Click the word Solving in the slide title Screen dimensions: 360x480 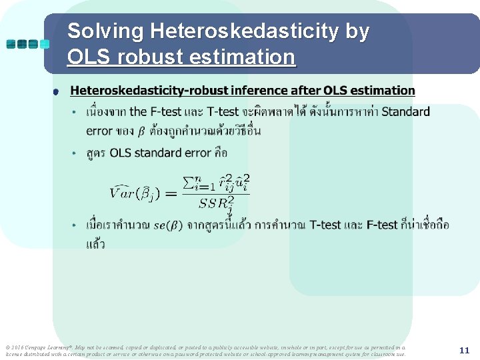pos(106,31)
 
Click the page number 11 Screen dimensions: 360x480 pos(465,350)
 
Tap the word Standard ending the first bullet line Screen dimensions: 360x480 pos(405,111)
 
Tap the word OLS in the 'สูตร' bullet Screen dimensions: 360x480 pos(121,153)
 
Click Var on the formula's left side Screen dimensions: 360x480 pos(123,193)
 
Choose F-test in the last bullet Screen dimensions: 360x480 pos(382,225)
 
